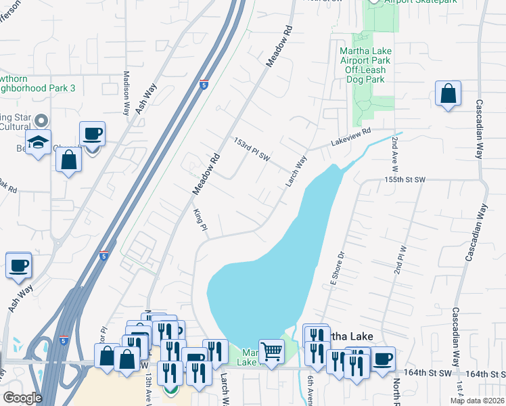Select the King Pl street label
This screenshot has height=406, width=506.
pos(200,220)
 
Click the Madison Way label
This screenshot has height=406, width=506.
pos(126,93)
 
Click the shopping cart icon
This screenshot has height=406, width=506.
pos(272,351)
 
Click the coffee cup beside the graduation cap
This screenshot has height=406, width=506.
pos(92,133)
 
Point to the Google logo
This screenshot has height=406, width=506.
pos(22,398)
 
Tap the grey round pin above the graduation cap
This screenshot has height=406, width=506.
pos(41,121)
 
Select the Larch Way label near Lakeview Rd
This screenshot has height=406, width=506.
pos(296,171)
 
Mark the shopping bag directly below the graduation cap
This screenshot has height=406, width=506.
pos(68,160)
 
